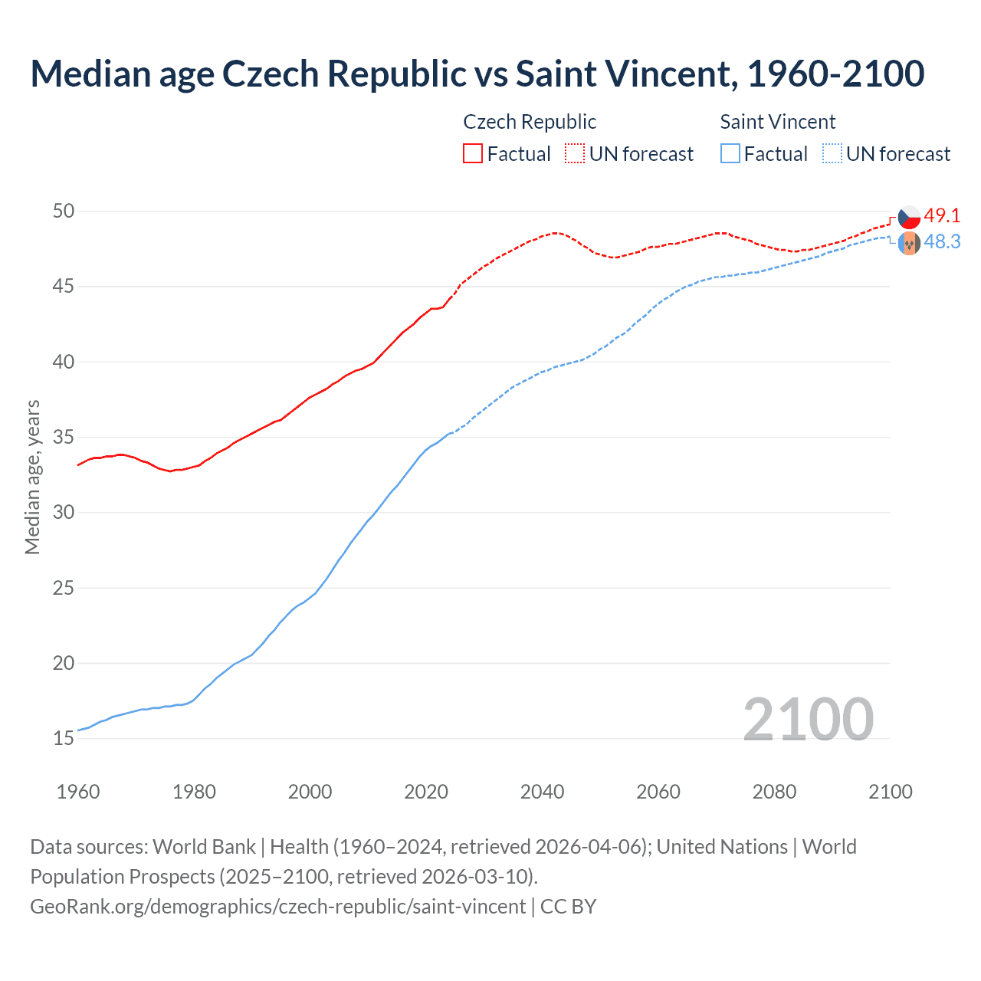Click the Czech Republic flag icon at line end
pos(909,218)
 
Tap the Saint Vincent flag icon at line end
pos(909,244)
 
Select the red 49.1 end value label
pos(942,216)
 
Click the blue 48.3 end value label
pos(942,242)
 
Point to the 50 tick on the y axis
pos(64,211)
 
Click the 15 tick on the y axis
pos(64,739)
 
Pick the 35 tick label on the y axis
pos(64,438)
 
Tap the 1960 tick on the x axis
pos(78,792)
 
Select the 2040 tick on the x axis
pos(542,792)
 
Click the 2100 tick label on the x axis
pos(890,792)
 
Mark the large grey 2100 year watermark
pos(808,719)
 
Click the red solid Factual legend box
pos(473,153)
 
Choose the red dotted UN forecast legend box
pos(575,153)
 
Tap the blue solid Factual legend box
pos(730,153)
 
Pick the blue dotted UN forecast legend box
pos(832,153)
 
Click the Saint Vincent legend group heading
pos(777,122)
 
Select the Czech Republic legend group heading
pos(530,122)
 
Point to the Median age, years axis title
pos(32,477)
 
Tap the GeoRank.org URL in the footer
pos(277,907)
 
